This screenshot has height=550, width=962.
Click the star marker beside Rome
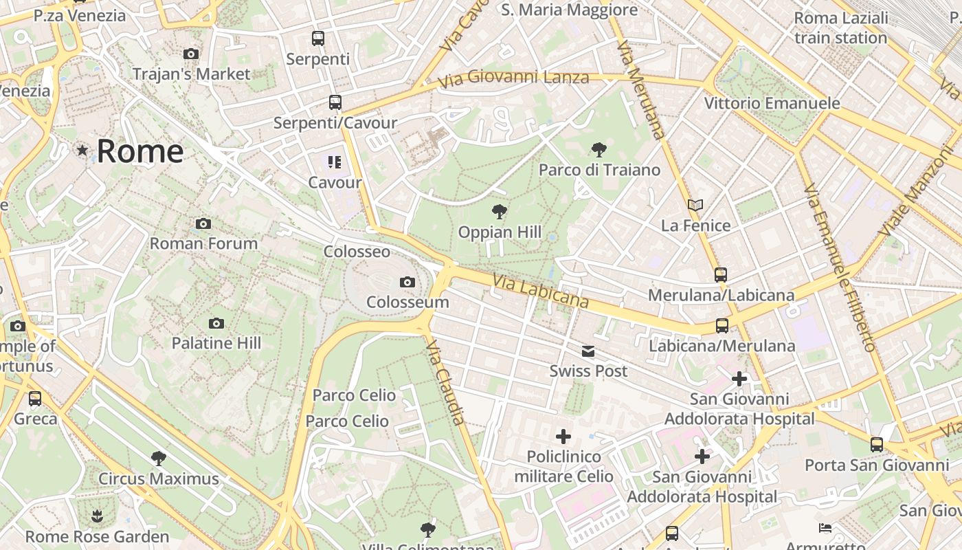pos(82,150)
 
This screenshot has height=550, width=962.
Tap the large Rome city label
pos(140,151)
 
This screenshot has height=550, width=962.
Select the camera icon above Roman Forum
pos(203,223)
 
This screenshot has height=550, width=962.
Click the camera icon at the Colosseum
pos(407,282)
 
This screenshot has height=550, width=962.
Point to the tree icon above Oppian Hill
pos(500,212)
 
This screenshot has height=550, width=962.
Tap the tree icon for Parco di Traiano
pos(599,149)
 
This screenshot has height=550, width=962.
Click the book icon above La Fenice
pos(695,205)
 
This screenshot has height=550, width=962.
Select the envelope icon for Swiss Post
pos(588,352)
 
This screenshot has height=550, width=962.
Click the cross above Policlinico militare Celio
pos(563,437)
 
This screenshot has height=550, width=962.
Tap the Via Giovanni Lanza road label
pos(513,78)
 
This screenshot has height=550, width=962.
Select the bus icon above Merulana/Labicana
pos(721,275)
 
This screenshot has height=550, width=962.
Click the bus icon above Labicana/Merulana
pos(721,326)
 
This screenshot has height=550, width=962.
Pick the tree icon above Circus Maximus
pos(159,459)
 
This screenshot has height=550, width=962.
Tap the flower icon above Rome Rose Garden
pos(97,516)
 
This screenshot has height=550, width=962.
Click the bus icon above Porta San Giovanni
pos(877,445)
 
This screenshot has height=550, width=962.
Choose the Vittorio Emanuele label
pos(772,103)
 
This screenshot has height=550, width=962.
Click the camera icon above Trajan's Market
pos(191,54)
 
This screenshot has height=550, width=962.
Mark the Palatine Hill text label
pos(216,342)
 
